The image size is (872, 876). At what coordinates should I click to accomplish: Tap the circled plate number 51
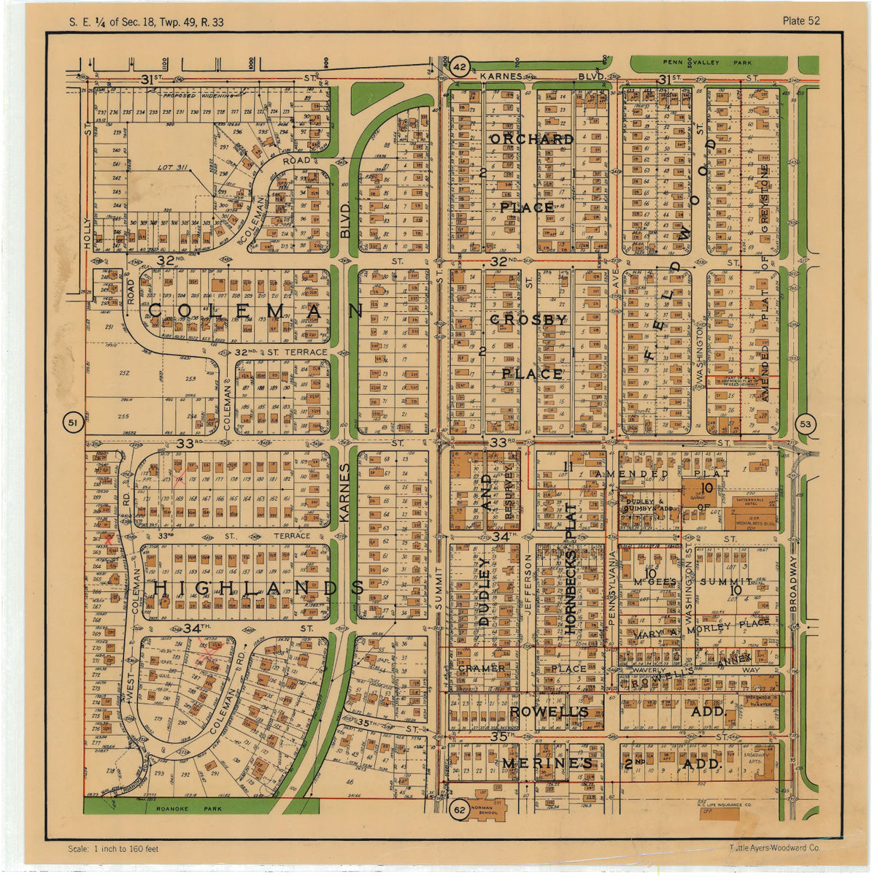[x=72, y=423]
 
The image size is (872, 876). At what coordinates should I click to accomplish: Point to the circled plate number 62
[x=459, y=810]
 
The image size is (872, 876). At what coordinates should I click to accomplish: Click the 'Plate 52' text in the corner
[x=800, y=21]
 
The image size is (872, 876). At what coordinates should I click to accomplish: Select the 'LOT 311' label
[x=173, y=168]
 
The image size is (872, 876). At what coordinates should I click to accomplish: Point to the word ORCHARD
[x=531, y=139]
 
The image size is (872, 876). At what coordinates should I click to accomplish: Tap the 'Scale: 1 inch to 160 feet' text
[x=113, y=849]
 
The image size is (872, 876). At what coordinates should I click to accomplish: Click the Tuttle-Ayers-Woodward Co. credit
[x=774, y=848]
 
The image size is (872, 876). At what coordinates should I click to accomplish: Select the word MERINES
[x=547, y=764]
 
